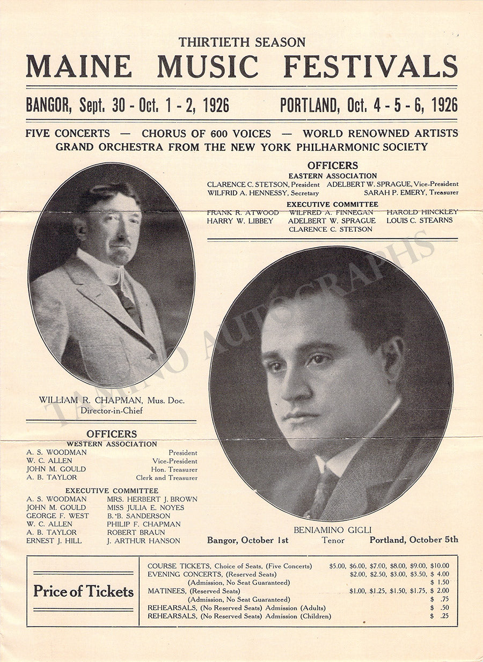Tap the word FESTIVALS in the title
[370, 67]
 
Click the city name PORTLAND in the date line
[309, 105]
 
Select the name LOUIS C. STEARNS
[419, 220]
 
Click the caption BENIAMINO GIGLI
[332, 530]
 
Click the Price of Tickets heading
[83, 591]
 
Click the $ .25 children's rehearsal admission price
[440, 616]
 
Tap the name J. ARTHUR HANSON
[143, 541]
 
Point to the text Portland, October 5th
[413, 540]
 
